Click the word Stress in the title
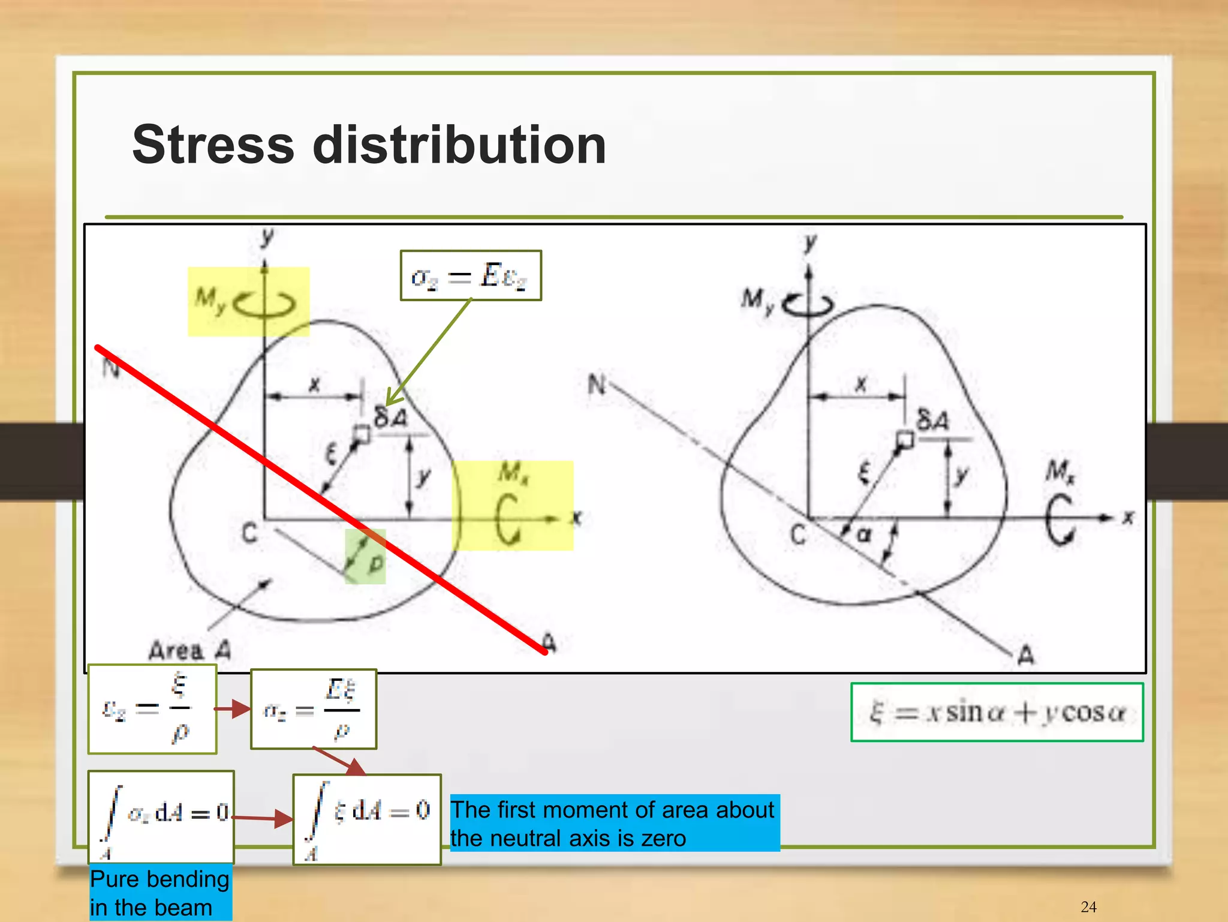pos(213,145)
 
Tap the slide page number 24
pos(1088,906)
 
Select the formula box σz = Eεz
pos(471,276)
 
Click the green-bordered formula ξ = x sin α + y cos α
pos(997,712)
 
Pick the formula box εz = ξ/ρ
pos(152,709)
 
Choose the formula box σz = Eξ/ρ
pos(314,709)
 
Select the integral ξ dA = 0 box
pos(367,819)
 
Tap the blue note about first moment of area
pos(614,823)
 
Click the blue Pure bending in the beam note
pos(160,893)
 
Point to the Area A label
pos(189,650)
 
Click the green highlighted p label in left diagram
pos(375,563)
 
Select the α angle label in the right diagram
pos(864,533)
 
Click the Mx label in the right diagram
pos(1060,471)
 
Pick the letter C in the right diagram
pos(798,534)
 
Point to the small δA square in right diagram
pos(905,440)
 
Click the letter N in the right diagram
pos(597,384)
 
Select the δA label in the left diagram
pos(390,416)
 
